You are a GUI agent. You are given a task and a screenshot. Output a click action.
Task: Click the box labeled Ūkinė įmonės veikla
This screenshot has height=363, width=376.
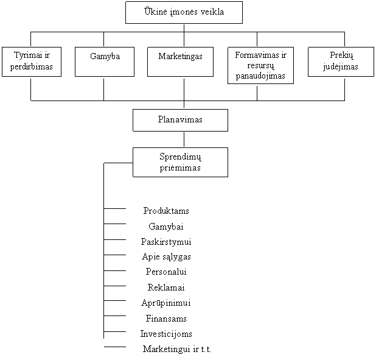click(x=184, y=12)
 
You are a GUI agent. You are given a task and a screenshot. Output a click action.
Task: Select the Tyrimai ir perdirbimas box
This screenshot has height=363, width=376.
click(x=32, y=62)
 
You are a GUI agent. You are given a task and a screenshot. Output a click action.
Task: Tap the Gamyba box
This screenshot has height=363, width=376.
click(x=105, y=62)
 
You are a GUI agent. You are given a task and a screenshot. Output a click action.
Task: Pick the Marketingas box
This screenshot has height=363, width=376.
click(x=180, y=62)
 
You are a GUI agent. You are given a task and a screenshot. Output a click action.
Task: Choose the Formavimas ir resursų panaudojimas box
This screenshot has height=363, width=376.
click(x=260, y=65)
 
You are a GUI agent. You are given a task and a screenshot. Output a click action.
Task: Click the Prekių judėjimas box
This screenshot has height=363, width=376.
click(x=341, y=62)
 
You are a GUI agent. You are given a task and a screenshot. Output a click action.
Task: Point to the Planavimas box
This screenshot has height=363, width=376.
click(x=180, y=120)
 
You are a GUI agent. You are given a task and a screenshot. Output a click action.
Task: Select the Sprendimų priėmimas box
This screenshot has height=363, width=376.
click(x=180, y=162)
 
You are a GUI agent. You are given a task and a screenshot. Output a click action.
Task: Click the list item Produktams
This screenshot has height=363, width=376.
click(x=166, y=211)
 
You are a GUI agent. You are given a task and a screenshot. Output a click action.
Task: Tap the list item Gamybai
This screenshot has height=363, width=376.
click(x=166, y=227)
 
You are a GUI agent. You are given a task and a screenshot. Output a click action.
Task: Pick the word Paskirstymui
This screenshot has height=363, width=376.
click(x=166, y=242)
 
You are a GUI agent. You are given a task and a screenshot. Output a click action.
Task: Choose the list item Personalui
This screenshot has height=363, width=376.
click(x=166, y=272)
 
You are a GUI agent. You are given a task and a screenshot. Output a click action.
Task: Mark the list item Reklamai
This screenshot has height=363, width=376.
click(x=166, y=287)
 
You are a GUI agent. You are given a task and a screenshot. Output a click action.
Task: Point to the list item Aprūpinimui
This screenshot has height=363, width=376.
click(x=166, y=303)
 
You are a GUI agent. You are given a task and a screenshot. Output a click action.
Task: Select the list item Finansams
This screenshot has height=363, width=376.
click(x=166, y=319)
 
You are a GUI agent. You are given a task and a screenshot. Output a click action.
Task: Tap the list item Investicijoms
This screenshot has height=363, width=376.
click(x=166, y=334)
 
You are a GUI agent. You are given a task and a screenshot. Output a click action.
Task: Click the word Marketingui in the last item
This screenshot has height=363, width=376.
click(x=167, y=350)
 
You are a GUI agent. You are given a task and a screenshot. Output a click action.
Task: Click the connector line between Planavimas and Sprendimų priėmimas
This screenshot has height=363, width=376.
click(x=184, y=139)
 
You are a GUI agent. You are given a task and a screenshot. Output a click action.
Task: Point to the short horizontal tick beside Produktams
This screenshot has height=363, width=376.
click(x=115, y=209)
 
